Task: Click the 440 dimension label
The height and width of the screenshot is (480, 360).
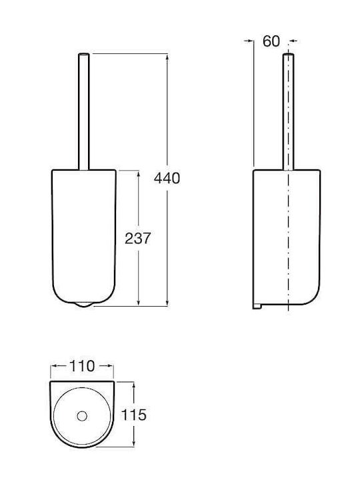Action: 167,179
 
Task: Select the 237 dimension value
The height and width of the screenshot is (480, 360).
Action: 138,239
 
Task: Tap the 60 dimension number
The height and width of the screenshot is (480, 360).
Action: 271,41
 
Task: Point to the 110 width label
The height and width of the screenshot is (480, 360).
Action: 82,366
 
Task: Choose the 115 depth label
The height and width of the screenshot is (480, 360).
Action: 134,415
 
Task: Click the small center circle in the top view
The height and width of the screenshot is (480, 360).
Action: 82,416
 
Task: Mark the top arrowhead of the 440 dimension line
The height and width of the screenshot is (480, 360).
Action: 167,57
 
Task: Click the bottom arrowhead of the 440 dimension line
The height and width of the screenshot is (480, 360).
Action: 167,302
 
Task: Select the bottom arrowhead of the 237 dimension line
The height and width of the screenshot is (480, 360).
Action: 139,302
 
